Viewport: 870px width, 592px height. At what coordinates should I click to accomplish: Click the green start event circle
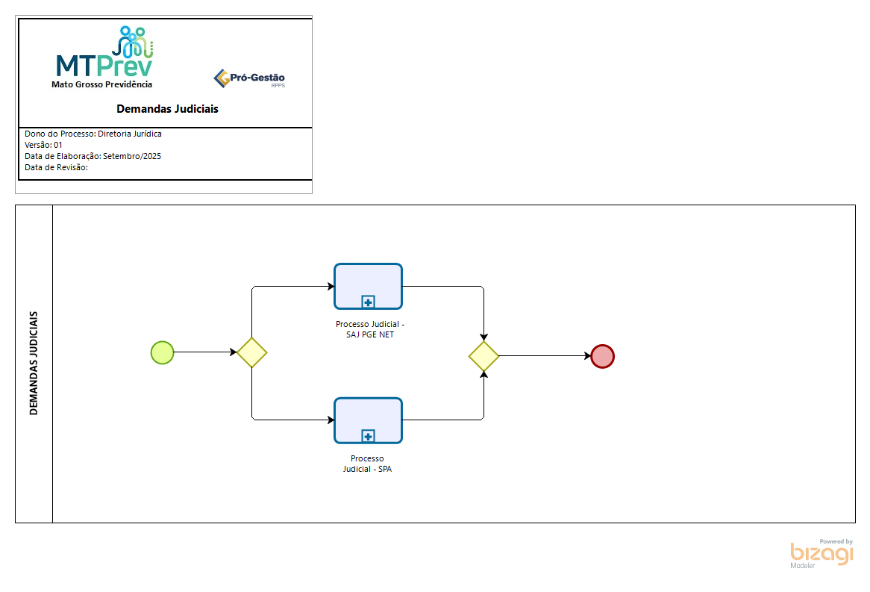pos(162,352)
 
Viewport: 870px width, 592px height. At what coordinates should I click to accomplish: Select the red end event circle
pos(602,357)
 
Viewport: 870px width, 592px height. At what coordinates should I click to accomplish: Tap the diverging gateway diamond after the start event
pos(252,352)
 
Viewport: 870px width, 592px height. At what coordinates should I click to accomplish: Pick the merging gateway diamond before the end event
pos(483,357)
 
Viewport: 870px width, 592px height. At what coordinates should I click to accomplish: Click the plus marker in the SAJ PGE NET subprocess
pos(368,302)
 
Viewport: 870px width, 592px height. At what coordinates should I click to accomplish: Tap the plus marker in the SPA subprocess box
pos(368,437)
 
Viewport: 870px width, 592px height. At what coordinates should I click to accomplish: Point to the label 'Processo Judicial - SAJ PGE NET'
pos(370,329)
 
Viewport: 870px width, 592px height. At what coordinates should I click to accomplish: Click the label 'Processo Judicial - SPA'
pos(367,464)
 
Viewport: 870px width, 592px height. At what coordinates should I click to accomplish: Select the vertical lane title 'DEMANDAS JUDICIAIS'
pos(34,363)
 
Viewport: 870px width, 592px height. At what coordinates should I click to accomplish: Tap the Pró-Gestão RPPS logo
pos(249,78)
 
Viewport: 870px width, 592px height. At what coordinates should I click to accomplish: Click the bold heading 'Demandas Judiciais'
pos(167,109)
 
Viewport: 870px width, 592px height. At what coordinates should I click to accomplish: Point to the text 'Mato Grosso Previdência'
pos(101,84)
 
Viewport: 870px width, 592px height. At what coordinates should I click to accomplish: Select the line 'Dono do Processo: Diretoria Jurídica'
pos(93,134)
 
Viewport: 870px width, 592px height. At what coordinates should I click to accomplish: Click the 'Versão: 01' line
pos(43,145)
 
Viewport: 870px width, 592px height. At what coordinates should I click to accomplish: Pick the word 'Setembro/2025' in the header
pos(132,157)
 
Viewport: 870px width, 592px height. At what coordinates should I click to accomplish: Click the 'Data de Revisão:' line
pos(56,168)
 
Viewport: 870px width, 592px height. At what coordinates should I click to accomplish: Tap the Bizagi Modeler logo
pos(822,553)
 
